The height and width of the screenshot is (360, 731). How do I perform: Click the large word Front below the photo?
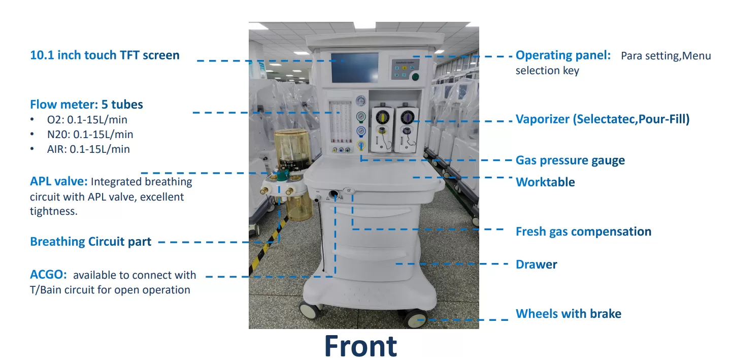point(360,346)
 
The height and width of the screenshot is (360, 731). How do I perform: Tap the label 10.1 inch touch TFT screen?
point(105,55)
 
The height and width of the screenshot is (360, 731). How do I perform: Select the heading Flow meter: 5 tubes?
point(86,105)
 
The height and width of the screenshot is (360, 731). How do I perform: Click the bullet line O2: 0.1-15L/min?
point(87,120)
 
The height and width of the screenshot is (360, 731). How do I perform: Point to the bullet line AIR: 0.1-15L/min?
point(88,149)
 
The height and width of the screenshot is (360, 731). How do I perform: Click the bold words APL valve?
point(59,181)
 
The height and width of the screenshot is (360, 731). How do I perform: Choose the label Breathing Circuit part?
point(90,242)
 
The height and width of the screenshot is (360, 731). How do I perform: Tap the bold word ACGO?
point(48,275)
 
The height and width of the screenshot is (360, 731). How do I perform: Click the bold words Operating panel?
point(563,55)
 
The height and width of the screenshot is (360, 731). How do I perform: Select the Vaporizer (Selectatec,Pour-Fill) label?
point(603,119)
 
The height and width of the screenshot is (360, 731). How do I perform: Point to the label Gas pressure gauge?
point(570,160)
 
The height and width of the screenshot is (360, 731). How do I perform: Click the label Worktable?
point(545,182)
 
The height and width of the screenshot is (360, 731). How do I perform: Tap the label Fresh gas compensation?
point(583,232)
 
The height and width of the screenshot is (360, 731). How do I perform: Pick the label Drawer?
point(536,265)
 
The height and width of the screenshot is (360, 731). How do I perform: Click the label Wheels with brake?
point(569,314)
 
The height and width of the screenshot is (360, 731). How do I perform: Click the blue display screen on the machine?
point(355,68)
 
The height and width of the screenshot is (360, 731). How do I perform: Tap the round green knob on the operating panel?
point(415,77)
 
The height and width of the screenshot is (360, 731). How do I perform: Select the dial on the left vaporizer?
point(382,117)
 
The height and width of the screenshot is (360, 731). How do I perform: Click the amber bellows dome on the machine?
point(292,148)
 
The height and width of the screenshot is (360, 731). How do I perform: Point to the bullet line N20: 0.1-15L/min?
point(90,135)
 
